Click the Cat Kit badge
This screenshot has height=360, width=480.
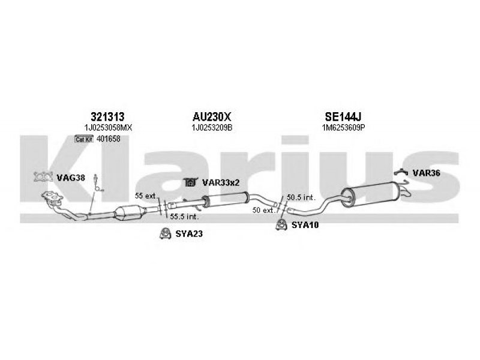click(83, 139)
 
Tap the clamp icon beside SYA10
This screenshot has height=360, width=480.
click(280, 225)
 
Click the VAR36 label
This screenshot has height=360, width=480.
click(427, 173)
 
